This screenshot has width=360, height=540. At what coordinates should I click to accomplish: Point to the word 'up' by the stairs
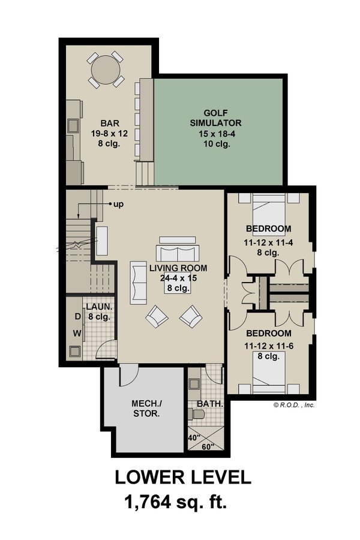point(118,204)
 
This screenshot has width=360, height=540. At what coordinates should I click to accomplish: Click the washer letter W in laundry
point(77,332)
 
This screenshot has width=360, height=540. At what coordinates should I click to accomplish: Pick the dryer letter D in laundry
point(77,316)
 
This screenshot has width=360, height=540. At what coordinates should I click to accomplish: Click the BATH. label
point(211,404)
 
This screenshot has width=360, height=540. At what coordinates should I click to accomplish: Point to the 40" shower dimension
point(193,437)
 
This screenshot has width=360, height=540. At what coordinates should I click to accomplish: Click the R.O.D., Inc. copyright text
point(294,404)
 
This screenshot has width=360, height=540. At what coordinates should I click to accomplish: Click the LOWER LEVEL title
point(182,477)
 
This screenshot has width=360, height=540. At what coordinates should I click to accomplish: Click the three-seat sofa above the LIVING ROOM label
point(176,252)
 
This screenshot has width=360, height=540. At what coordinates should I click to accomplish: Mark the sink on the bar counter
point(73,127)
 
